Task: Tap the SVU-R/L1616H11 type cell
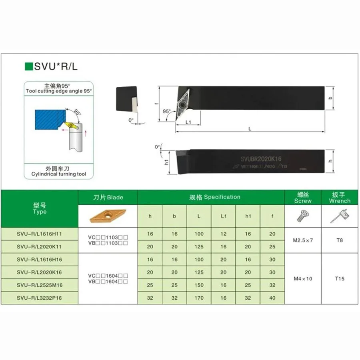[40, 234]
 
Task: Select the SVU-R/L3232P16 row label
[40, 298]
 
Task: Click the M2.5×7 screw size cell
[303, 240]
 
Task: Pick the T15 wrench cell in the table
[340, 278]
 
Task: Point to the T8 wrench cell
[340, 240]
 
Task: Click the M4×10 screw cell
[303, 278]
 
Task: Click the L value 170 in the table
[199, 298]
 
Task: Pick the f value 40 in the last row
[272, 298]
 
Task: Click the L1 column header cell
[223, 216]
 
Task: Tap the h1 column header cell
[248, 216]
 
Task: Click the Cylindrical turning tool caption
[59, 174]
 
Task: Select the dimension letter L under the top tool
[250, 129]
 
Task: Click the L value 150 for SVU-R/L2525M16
[199, 285]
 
